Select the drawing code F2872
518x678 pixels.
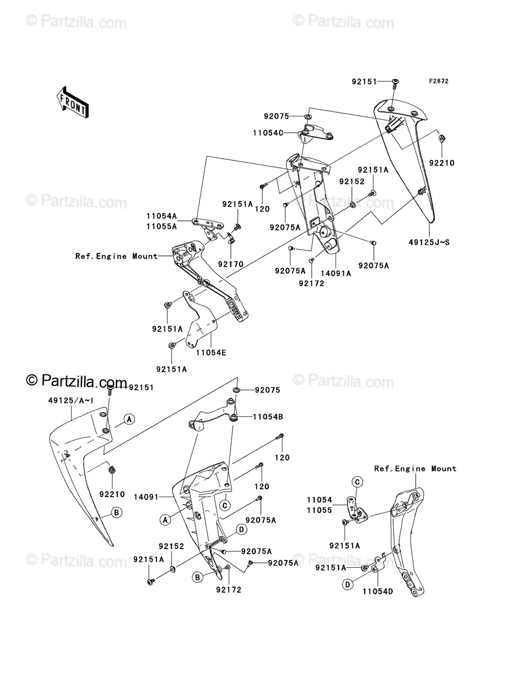pyautogui.click(x=439, y=81)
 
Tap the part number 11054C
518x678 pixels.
pyautogui.click(x=268, y=133)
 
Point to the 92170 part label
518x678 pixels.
pyautogui.click(x=230, y=264)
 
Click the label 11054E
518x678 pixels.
pyautogui.click(x=211, y=353)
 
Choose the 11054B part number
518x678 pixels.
pyautogui.click(x=268, y=416)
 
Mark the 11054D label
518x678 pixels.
pyautogui.click(x=377, y=592)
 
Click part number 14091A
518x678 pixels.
pyautogui.click(x=336, y=273)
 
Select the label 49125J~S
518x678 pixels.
pyautogui.click(x=429, y=242)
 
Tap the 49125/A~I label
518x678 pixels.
pyautogui.click(x=71, y=401)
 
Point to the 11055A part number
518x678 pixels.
pyautogui.click(x=162, y=227)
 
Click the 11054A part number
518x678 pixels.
pyautogui.click(x=162, y=216)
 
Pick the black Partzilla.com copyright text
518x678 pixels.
pyautogui.click(x=76, y=381)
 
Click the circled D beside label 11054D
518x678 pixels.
pyautogui.click(x=347, y=584)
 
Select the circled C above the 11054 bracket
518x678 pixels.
pyautogui.click(x=357, y=482)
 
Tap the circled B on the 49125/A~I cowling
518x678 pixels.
pyautogui.click(x=116, y=512)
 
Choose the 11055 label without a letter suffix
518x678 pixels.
pyautogui.click(x=319, y=510)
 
